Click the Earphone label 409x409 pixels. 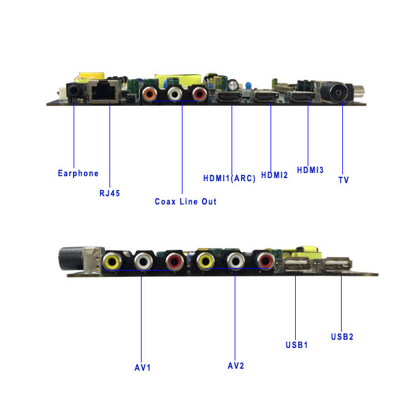point(78,174)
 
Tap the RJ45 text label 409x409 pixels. point(109,193)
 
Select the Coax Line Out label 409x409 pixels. point(186,201)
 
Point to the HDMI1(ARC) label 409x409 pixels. point(229,178)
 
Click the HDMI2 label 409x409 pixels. point(274,176)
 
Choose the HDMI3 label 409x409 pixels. point(310,170)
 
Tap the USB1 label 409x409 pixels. point(296,345)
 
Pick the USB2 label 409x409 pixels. point(342,337)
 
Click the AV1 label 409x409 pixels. point(142,368)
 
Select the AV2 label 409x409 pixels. point(236,366)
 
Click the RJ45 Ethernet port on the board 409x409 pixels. point(104,91)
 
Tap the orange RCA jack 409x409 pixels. point(150,94)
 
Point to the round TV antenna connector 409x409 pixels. point(337,92)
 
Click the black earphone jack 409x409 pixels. point(73,92)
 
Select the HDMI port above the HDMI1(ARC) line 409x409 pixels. point(230,97)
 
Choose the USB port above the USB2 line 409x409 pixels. point(337,264)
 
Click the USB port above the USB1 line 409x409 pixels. point(296,264)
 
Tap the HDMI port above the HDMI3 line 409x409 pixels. point(303,96)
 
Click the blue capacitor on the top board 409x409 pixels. point(249,86)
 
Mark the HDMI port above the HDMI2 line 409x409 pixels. point(267,97)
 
